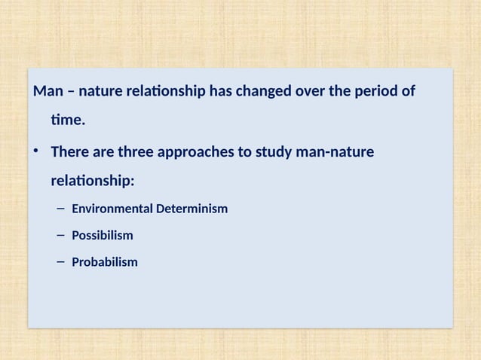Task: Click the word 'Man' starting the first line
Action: pos(46,92)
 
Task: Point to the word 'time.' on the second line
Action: pos(68,119)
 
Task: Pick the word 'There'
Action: pos(69,153)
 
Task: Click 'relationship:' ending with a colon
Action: pos(92,181)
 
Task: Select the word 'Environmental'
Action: pos(112,209)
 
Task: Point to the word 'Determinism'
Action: pos(191,209)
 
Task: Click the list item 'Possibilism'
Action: pos(102,236)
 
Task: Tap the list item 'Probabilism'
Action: pos(104,263)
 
